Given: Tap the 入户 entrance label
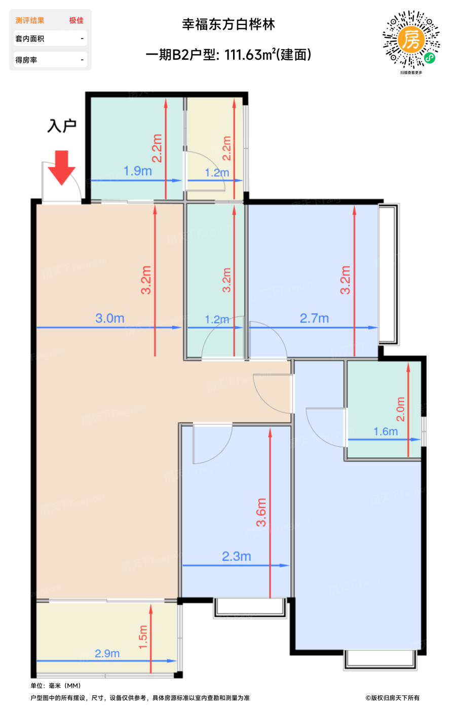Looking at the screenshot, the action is tap(62, 126).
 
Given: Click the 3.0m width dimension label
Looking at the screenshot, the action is tap(110, 318).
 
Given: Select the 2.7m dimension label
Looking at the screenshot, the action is tap(314, 318).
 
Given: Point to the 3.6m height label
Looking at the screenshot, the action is tap(261, 512).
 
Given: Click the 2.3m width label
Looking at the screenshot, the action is tap(236, 556).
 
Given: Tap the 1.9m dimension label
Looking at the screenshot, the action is tap(137, 171).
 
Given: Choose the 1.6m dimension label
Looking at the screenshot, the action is tap(386, 431).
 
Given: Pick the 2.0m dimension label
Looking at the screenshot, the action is tap(401, 409).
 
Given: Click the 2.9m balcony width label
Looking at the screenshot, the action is tap(107, 653).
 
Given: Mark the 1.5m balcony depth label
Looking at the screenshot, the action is tap(143, 637).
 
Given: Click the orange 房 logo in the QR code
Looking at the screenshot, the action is tap(411, 40).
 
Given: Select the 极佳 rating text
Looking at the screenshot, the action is tap(77, 21).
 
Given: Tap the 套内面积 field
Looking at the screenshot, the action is tap(50, 38).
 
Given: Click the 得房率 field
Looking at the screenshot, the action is tap(50, 60).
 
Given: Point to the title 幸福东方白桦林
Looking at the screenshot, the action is tap(228, 24).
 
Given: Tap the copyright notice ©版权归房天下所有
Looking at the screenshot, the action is tap(392, 698).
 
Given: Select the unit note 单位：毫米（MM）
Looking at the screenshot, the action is tap(56, 686).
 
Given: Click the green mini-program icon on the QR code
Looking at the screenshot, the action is tap(430, 58).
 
